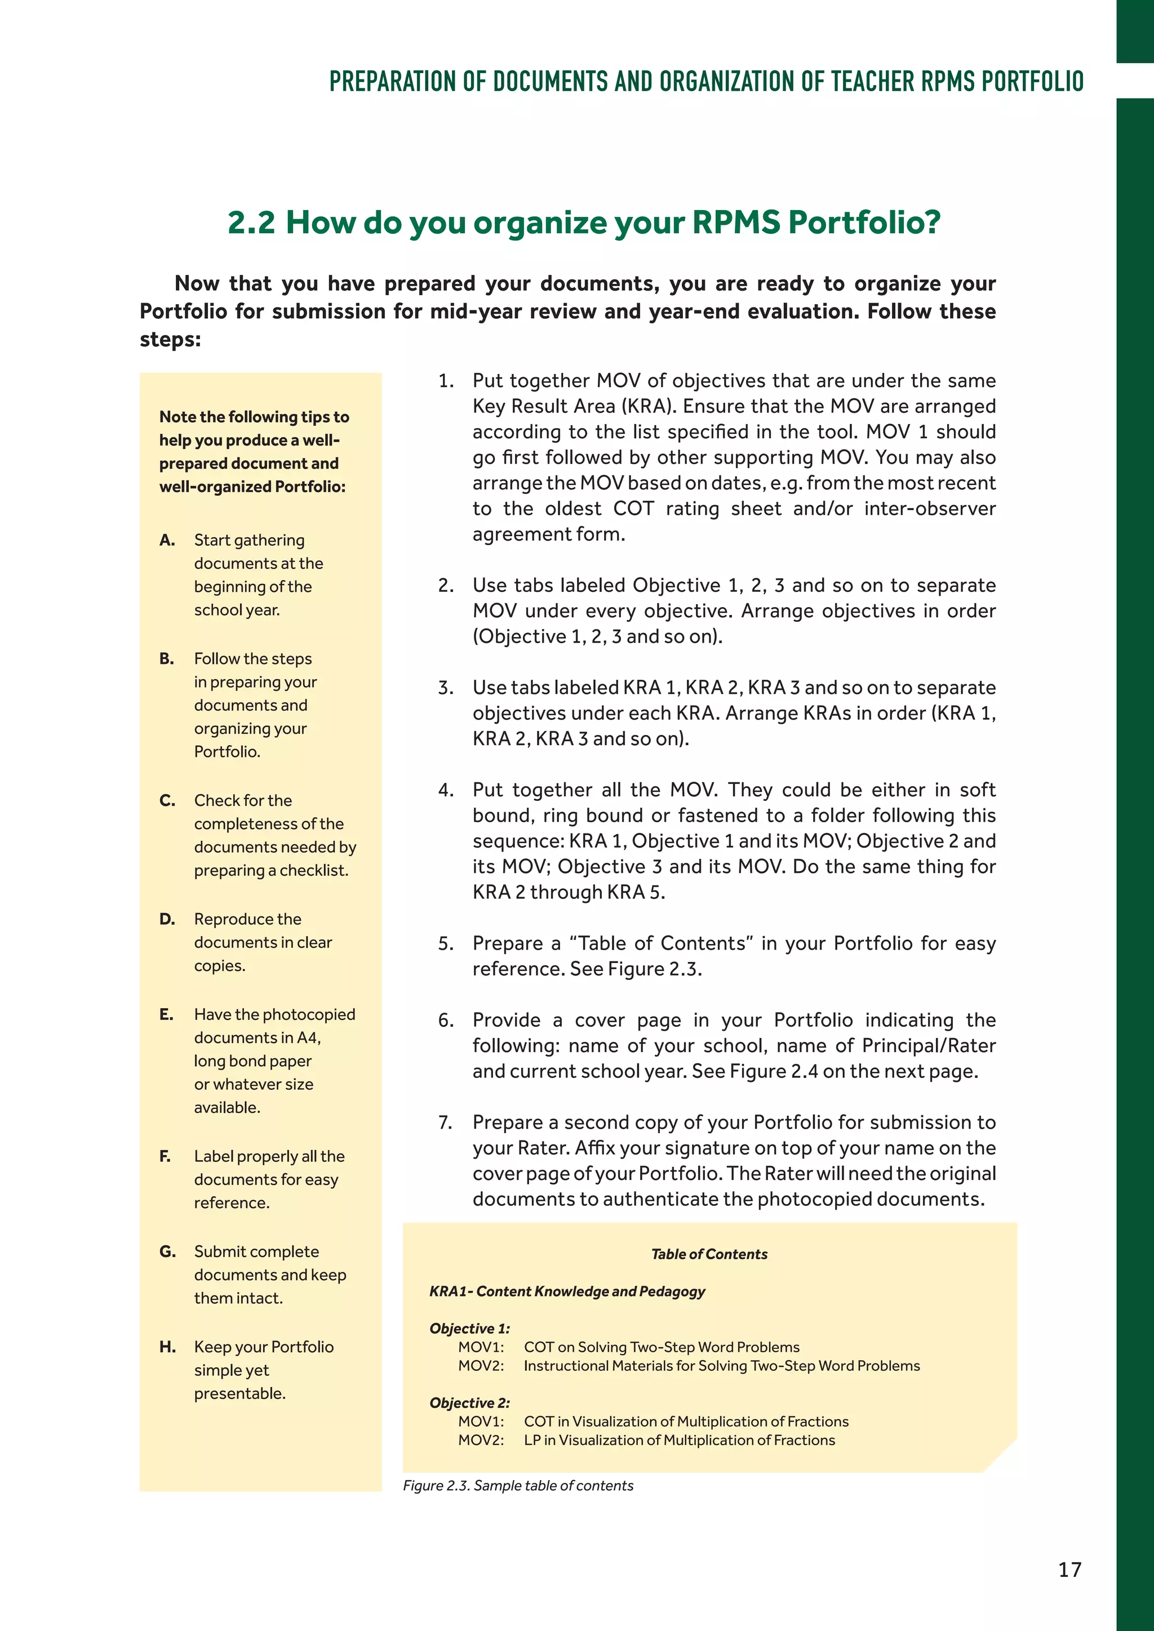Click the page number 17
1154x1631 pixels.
click(1069, 1569)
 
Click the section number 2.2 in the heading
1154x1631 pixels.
click(251, 222)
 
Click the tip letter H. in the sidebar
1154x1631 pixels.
click(168, 1347)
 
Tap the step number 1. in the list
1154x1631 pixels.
click(446, 381)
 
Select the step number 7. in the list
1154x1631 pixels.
click(446, 1122)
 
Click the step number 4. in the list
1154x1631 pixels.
click(446, 790)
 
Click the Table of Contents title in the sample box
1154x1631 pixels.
click(709, 1254)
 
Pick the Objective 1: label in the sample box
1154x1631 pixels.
click(470, 1329)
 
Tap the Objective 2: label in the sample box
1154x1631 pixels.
click(470, 1402)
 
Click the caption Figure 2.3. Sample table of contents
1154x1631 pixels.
click(518, 1485)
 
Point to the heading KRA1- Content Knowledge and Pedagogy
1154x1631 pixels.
click(567, 1291)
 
